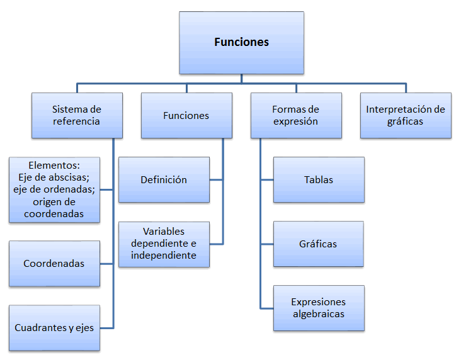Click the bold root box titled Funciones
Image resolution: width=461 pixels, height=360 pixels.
[241, 43]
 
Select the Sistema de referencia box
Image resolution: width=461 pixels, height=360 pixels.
[76, 116]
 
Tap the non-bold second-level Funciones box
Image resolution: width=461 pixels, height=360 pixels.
[186, 116]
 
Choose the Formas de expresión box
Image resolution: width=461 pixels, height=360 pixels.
[295, 116]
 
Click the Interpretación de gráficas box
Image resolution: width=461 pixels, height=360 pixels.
[406, 116]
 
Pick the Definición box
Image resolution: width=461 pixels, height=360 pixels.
[164, 180]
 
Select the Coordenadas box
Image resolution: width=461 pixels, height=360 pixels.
[54, 264]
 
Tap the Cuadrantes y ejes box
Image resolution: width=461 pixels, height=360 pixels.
[54, 328]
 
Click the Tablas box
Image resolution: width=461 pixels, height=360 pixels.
[319, 180]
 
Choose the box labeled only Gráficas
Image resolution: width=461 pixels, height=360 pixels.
[319, 244]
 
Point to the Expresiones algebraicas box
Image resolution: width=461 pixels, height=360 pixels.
[319, 308]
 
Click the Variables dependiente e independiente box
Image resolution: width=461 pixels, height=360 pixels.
[164, 244]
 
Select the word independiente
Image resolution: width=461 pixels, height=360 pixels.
[164, 256]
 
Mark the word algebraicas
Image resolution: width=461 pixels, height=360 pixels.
[319, 313]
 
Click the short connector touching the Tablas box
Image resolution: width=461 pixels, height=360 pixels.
[267, 180]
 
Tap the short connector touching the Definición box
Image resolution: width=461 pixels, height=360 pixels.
[217, 180]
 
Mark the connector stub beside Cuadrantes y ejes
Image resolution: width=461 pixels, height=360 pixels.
[107, 327]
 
